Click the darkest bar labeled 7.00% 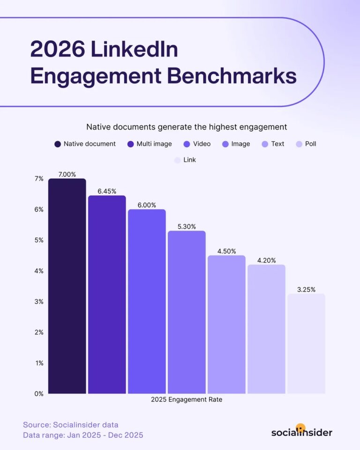pos(67,286)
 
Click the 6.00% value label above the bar pos(147,205)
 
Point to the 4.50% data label pos(226,251)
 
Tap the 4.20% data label pos(266,260)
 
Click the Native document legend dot pos(58,144)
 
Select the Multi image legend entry pos(150,144)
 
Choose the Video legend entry pos(197,144)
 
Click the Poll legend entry pos(305,144)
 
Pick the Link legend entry pos(185,160)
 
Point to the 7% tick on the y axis pos(38,179)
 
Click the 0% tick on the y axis pos(38,393)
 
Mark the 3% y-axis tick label pos(38,301)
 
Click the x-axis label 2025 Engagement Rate pos(186,400)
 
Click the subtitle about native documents pos(186,127)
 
